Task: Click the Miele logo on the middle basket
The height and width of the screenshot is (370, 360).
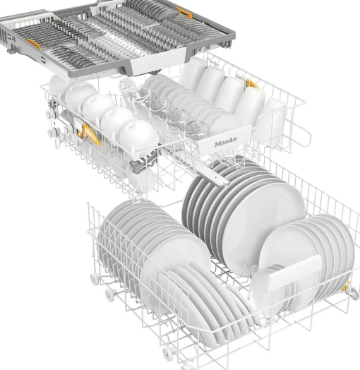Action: pos(225,141)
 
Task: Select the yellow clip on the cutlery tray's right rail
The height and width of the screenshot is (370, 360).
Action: pos(184,12)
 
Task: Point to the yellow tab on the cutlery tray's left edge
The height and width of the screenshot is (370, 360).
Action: pos(33,44)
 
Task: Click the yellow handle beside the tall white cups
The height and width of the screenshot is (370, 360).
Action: pos(252,84)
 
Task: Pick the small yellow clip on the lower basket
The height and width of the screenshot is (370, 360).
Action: pos(345,287)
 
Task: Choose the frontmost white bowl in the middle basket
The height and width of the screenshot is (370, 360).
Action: pos(139,137)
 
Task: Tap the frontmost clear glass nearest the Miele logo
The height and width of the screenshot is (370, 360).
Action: pos(196,129)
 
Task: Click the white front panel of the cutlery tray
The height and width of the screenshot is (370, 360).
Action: pos(157,63)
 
